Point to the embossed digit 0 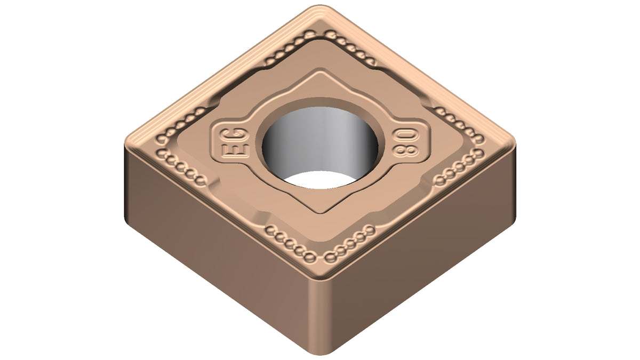[406, 135]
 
